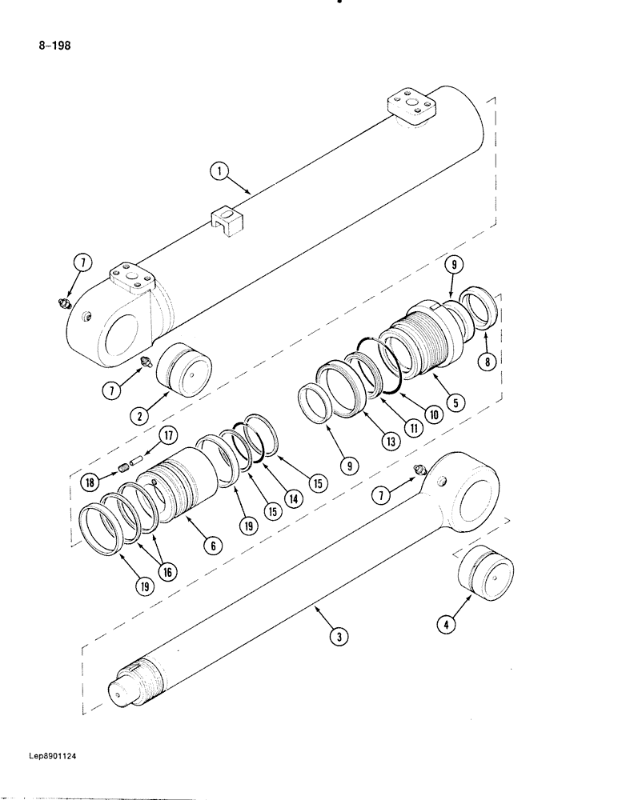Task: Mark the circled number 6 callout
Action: click(213, 546)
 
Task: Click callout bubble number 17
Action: click(168, 436)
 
